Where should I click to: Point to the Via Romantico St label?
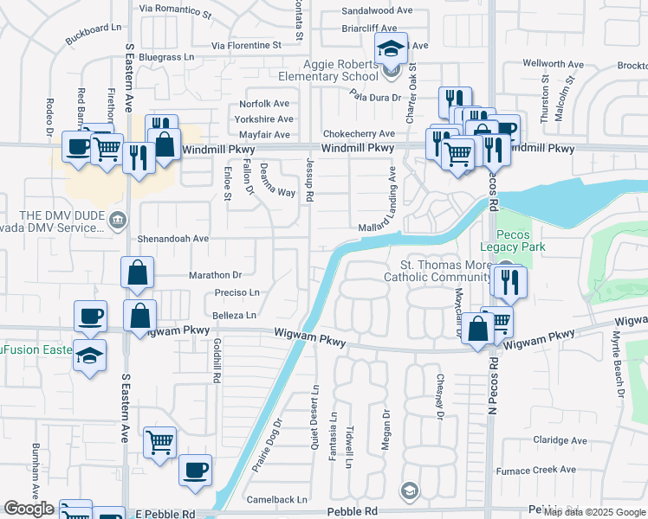[x=175, y=11]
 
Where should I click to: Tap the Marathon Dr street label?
[x=211, y=275]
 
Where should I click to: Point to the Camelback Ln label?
[x=277, y=499]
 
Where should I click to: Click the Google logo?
[x=29, y=509]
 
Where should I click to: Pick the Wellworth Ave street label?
[x=554, y=64]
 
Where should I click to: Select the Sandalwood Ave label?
[x=378, y=11]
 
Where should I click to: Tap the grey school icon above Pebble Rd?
[x=409, y=491]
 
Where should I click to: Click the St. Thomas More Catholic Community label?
[x=433, y=271]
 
